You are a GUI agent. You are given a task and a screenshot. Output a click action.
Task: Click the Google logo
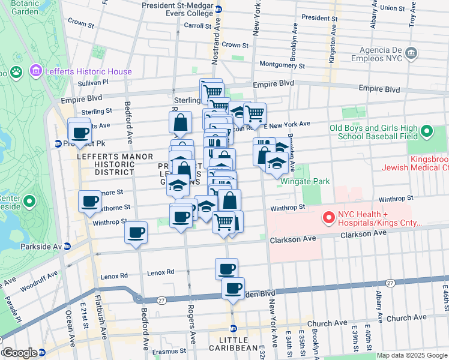pyautogui.click(x=19, y=353)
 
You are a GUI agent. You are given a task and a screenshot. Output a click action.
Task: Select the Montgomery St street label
pyautogui.click(x=282, y=65)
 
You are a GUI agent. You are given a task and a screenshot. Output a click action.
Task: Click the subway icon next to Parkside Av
pyautogui.click(x=67, y=246)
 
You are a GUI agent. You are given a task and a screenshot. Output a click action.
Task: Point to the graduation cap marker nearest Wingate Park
pyautogui.click(x=276, y=163)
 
